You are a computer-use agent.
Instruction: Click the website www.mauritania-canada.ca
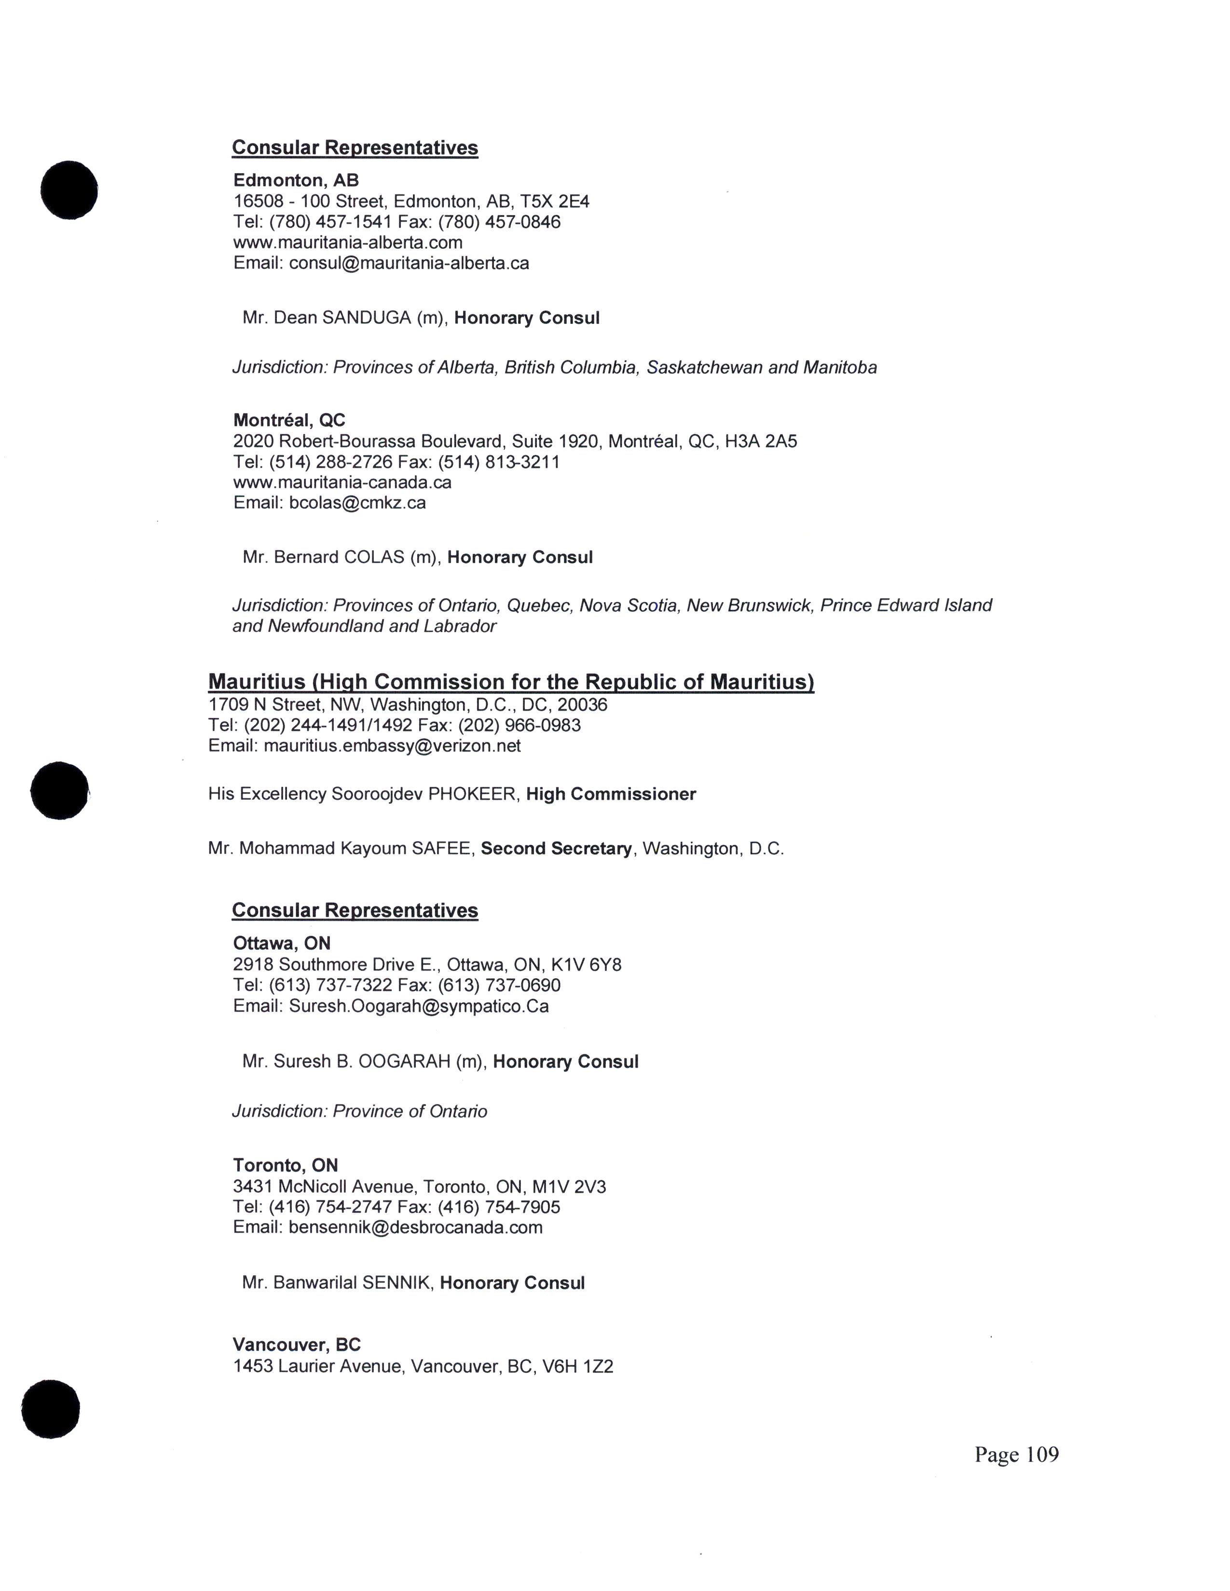pos(342,482)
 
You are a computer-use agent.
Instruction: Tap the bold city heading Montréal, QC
pos(288,420)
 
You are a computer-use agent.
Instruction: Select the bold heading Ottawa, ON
pos(281,944)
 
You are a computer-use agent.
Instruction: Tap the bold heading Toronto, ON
pos(285,1166)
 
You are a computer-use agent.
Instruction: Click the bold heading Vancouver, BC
pos(297,1345)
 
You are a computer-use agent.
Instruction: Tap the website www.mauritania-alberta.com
pos(348,243)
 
